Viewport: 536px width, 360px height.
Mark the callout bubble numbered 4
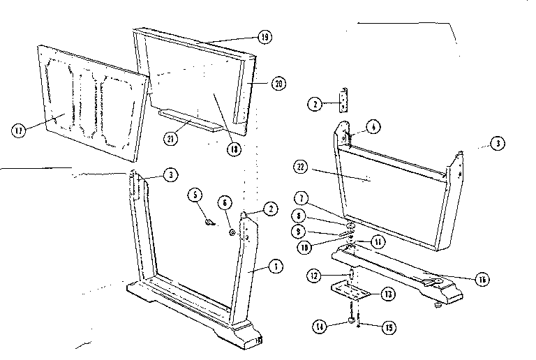[x=374, y=127]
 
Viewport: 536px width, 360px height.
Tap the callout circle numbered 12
[x=316, y=277]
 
